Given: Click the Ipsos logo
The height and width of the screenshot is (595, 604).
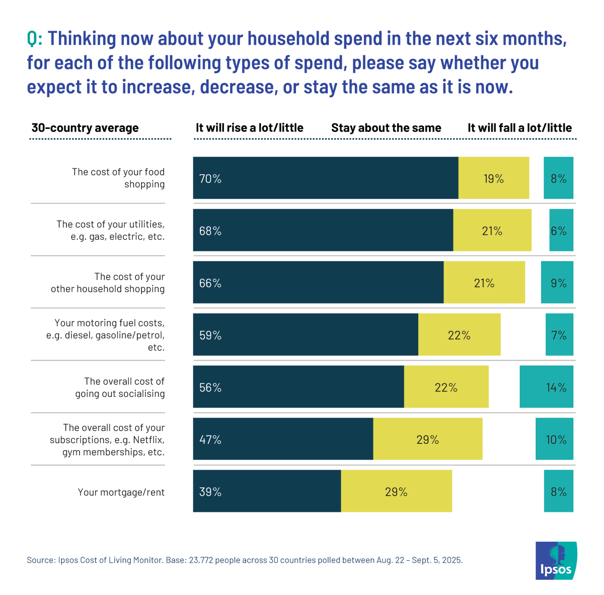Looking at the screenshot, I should [x=556, y=560].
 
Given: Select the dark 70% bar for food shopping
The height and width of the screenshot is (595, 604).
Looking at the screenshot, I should [x=325, y=178].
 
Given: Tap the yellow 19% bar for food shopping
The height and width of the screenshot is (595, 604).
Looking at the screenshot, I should [x=493, y=178].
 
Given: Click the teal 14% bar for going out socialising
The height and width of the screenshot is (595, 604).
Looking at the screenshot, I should [x=546, y=387].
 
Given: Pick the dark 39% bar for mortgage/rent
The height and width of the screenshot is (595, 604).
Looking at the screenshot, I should [x=267, y=491].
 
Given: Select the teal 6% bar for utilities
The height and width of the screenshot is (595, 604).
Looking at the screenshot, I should [x=561, y=230].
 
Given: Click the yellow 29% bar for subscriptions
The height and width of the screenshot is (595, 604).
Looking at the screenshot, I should [x=427, y=439].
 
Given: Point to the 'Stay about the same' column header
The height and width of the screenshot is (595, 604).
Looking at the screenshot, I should [x=386, y=128].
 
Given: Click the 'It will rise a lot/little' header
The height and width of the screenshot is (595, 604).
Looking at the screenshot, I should [x=249, y=128].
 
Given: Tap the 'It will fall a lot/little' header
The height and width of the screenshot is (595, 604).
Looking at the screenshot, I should [x=519, y=128].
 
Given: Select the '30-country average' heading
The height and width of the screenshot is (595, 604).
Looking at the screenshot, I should [x=85, y=128].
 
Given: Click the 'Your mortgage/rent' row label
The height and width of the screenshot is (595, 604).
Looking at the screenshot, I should [x=121, y=492].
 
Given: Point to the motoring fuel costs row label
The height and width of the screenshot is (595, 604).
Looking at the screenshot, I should [x=106, y=335].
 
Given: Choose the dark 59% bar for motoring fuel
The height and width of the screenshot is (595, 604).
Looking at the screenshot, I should [x=305, y=335].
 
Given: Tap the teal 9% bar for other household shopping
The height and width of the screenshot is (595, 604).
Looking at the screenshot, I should [x=557, y=282].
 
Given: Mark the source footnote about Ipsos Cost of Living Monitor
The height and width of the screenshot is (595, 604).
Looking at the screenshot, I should [x=245, y=560].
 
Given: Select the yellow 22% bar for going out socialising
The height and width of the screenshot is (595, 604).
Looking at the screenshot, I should [x=446, y=387].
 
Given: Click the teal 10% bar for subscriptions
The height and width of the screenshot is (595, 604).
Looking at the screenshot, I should [x=554, y=439].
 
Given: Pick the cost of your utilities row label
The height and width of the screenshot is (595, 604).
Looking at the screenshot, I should [x=110, y=230].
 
